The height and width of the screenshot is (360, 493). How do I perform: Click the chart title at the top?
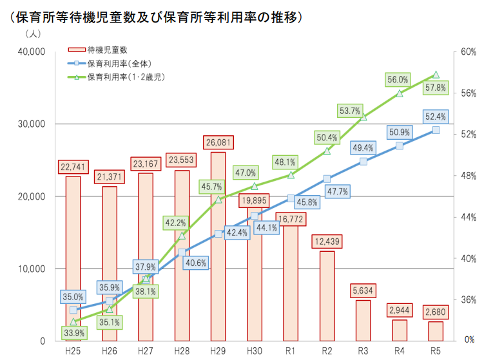point(155,17)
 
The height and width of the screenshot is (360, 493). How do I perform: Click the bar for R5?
point(436,331)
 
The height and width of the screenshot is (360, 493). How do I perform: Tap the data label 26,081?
point(218,142)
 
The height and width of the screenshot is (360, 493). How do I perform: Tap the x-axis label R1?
point(291,351)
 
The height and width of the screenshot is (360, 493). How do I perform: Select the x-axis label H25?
point(73,351)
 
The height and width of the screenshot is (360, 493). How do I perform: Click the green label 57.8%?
point(436,88)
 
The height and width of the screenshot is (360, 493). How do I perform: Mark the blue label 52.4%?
point(436,117)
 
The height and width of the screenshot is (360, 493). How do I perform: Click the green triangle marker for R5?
point(436,75)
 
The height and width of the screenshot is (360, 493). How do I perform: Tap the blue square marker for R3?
point(363,162)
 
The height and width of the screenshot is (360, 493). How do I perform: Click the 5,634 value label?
point(363,290)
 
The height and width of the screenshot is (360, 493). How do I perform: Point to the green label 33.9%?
point(73,333)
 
